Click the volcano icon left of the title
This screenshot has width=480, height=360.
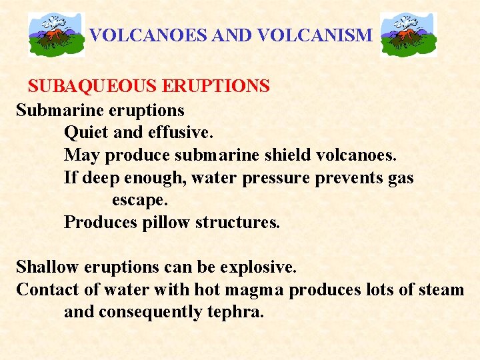coord(57,34)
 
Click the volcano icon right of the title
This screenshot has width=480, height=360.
coord(408,34)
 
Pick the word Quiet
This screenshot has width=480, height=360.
coord(87,133)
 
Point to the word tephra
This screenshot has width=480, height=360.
coord(233,312)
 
